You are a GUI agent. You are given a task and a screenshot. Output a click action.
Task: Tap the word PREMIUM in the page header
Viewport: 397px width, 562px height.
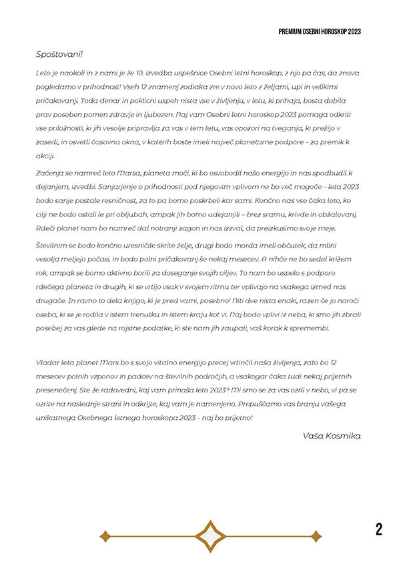pos(291,31)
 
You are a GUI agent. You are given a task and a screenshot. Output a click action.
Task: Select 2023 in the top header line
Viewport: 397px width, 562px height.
pos(354,31)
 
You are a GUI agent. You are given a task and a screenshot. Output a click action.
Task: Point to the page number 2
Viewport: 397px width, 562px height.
pos(379,529)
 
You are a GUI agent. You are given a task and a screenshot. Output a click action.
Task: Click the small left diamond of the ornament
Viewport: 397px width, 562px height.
pos(104,535)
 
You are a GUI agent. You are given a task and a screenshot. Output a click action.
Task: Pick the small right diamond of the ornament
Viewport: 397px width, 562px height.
pos(316,535)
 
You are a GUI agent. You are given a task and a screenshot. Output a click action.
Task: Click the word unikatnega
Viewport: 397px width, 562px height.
pos(57,416)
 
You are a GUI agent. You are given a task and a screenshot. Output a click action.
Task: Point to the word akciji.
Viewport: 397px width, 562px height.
pos(46,156)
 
